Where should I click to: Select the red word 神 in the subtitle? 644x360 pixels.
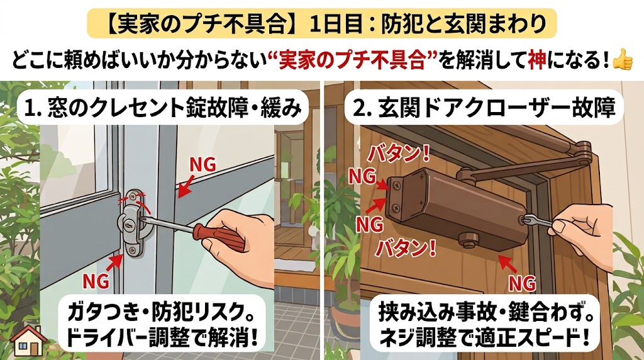pyautogui.click(x=537, y=61)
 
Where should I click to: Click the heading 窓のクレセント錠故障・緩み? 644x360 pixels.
pyautogui.click(x=163, y=108)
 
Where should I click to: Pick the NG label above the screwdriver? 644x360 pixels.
pyautogui.click(x=203, y=164)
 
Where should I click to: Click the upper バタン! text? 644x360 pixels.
pyautogui.click(x=399, y=154)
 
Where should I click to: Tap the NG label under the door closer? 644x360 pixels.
pyautogui.click(x=522, y=283)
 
